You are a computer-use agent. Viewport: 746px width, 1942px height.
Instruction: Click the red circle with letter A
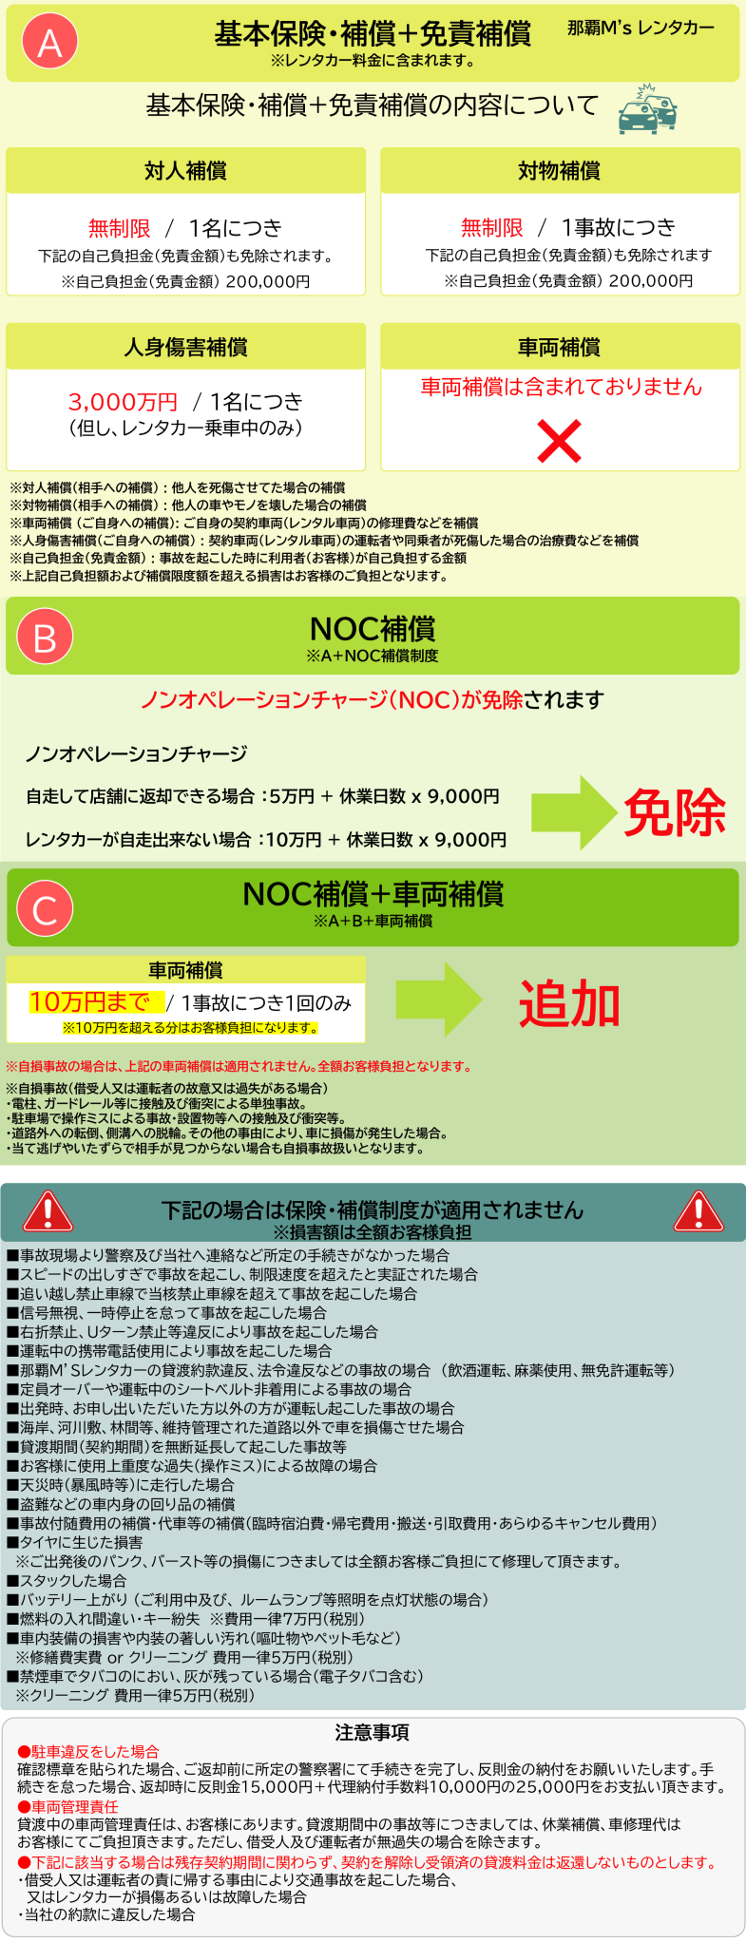click(49, 43)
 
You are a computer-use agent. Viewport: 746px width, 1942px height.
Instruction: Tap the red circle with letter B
click(45, 637)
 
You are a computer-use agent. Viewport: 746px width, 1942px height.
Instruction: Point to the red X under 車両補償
click(559, 442)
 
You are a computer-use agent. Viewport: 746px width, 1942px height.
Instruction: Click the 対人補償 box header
click(185, 171)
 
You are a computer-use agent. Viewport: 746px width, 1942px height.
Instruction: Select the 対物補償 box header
click(560, 171)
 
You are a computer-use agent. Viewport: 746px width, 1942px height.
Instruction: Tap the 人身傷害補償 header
click(185, 347)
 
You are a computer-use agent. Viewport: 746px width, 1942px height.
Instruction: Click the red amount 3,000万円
click(123, 402)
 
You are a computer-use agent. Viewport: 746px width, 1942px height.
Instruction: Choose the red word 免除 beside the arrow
click(675, 813)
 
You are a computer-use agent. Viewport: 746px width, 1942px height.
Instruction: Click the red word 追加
click(569, 1004)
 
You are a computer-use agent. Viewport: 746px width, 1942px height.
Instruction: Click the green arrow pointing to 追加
click(438, 1000)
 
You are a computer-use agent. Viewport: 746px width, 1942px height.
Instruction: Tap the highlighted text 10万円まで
click(89, 1002)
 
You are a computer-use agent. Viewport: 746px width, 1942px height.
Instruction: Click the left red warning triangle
click(48, 1212)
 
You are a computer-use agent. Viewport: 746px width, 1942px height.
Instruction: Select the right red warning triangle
click(698, 1212)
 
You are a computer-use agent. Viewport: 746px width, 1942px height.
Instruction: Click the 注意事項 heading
click(373, 1732)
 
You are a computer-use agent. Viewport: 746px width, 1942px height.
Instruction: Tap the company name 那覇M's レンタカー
click(641, 29)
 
